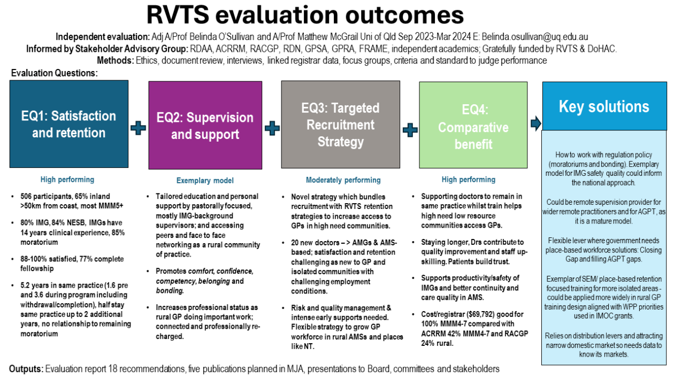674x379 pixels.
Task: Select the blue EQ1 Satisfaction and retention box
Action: point(69,124)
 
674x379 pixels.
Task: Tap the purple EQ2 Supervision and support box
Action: point(205,126)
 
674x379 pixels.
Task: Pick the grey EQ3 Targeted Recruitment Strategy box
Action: point(340,125)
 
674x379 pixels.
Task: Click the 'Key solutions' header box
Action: point(604,106)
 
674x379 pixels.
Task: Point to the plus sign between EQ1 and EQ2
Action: point(138,128)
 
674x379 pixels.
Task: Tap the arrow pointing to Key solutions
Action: point(535,124)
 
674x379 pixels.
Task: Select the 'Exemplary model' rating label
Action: point(205,181)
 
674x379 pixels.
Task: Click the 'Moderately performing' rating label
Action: point(343,180)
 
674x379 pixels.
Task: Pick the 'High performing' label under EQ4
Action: point(469,180)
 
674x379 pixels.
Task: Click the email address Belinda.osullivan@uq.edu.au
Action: point(535,37)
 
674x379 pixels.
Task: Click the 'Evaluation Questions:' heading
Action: point(54,73)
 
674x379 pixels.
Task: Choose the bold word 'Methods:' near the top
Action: point(116,60)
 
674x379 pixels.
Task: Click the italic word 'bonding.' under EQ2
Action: point(169,290)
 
